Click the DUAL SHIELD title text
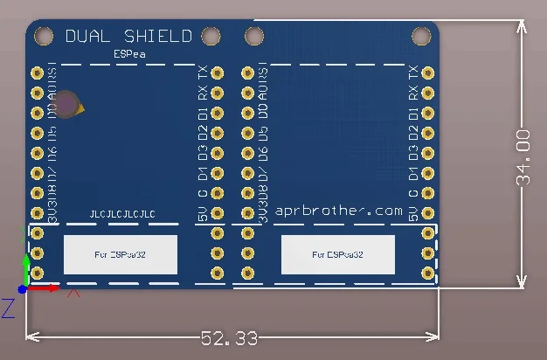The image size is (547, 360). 128,37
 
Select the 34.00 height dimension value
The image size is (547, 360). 523,157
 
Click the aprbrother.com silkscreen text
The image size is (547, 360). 339,211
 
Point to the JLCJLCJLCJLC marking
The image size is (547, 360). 122,214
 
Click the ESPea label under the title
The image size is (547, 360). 129,54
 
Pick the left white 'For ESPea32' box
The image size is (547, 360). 121,254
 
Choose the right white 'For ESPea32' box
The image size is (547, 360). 337,254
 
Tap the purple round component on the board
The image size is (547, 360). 67,104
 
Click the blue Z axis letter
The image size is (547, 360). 7,308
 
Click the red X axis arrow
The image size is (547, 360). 54,287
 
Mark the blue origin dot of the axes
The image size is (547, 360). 23,288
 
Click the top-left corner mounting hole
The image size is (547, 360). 42,36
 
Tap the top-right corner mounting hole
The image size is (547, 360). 421,36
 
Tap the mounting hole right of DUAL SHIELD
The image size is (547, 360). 210,36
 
